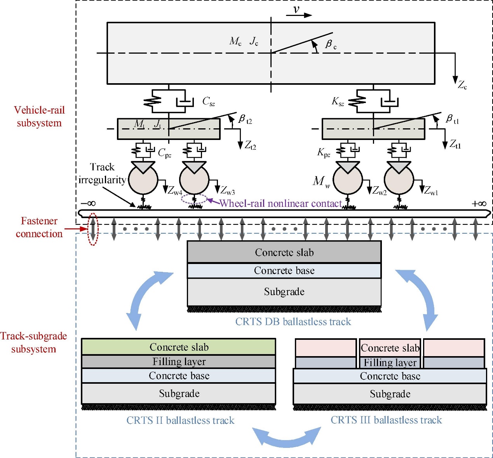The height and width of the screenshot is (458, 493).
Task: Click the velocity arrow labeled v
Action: [x=299, y=15]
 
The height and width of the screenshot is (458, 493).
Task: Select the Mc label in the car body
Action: [x=235, y=41]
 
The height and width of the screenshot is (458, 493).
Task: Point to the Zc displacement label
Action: [x=462, y=85]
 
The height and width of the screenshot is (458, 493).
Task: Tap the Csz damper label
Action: [x=208, y=102]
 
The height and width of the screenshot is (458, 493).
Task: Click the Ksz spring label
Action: [x=338, y=102]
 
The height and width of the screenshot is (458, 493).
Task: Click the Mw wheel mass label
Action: [x=321, y=181]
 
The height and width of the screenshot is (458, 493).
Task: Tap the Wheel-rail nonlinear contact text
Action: [x=280, y=203]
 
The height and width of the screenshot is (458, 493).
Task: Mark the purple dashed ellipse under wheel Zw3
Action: [x=195, y=199]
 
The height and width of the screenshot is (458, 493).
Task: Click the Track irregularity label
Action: [x=102, y=173]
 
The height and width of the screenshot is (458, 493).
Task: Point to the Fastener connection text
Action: [x=39, y=227]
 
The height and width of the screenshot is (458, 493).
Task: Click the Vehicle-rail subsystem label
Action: [x=39, y=116]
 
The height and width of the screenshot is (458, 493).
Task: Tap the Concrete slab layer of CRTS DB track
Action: [x=284, y=252]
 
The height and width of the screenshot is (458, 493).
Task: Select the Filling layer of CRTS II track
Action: [x=179, y=362]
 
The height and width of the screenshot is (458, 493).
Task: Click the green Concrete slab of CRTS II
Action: [x=179, y=347]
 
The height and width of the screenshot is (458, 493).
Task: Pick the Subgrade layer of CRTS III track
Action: [x=390, y=394]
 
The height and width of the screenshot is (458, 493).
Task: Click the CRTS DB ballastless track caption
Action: [x=293, y=322]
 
